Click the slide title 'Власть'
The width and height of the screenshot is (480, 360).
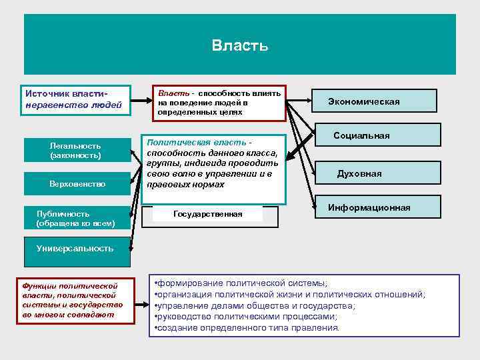pos(240,45)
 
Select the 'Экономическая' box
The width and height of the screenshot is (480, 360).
pos(373,101)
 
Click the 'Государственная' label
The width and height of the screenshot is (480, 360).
pos(207,214)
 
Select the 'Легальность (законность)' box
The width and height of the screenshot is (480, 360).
pos(75,150)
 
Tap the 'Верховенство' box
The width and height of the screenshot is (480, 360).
pos(77,183)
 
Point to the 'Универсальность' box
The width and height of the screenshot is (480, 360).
pos(75,248)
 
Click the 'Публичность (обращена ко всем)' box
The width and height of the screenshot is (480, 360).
pos(75,219)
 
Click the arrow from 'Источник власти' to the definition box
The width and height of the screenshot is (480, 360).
pos(141,103)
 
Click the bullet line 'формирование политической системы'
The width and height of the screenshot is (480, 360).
pos(240,283)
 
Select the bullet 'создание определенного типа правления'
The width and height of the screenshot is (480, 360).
pos(247,328)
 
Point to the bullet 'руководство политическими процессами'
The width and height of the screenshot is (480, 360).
pos(245,317)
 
